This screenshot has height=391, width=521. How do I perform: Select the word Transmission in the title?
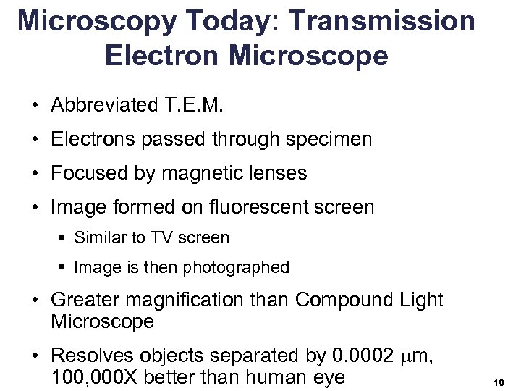pyautogui.click(x=391, y=22)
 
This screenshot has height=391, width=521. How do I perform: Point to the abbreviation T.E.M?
pyautogui.click(x=190, y=106)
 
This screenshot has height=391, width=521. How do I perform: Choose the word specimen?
pyautogui.click(x=326, y=139)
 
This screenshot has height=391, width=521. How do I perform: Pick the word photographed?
pyautogui.click(x=236, y=267)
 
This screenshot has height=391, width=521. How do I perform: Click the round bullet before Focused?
pyautogui.click(x=35, y=174)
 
